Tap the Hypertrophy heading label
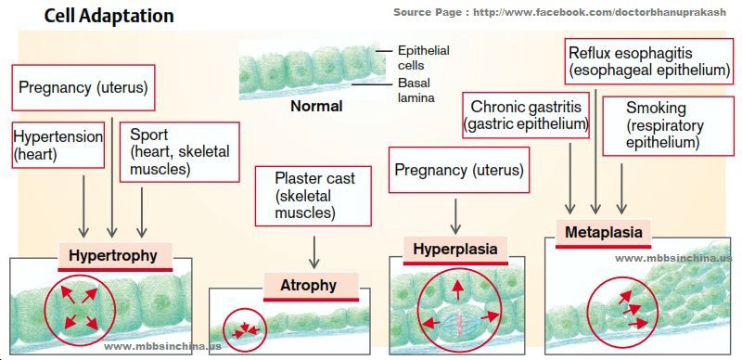pos(113,255)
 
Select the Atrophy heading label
pos(309,286)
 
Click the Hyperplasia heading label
pos(455,249)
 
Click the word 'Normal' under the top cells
pos(316,107)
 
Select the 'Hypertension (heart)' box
pos(58,145)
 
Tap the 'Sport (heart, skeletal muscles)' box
pos(179,151)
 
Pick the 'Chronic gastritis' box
pos(527,115)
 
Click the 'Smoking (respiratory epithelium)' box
pos(663,125)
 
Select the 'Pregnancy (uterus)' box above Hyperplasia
pos(458,171)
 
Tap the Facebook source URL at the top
pos(561,12)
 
